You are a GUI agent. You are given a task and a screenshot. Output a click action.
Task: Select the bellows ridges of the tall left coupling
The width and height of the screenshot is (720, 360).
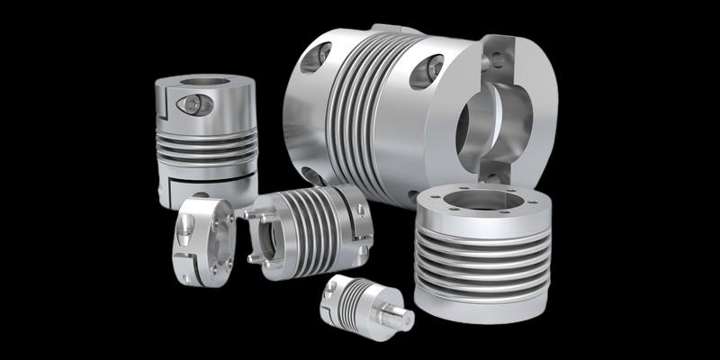point(205,145)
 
